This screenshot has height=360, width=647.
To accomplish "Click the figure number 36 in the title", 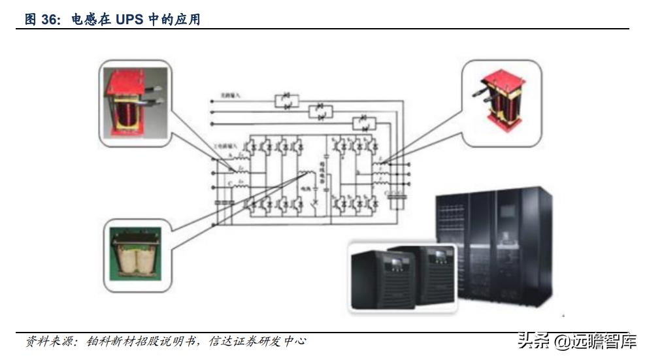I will click(50, 20).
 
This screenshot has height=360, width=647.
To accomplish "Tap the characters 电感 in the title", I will click(85, 20).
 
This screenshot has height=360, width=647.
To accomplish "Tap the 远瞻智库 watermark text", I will click(605, 340).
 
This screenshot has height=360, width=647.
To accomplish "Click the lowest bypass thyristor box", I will click(361, 122).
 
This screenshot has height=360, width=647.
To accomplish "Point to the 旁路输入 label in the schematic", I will click(233, 96).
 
